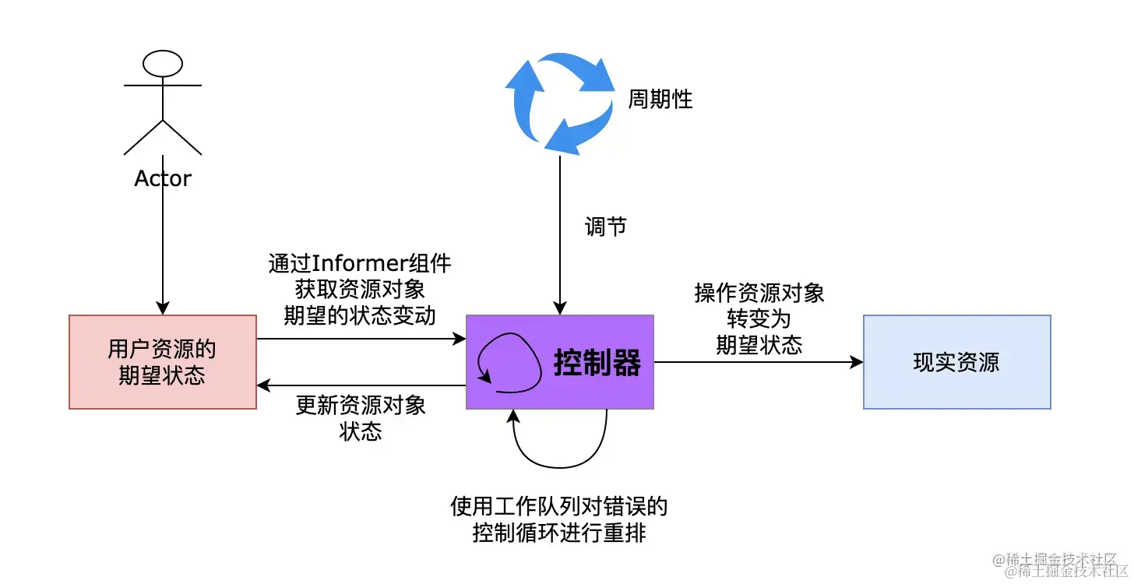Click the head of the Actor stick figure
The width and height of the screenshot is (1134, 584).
(x=163, y=63)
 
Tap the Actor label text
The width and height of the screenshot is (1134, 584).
(x=163, y=179)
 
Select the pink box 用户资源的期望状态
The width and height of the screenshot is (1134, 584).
(x=163, y=362)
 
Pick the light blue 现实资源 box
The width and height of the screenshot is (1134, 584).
(x=956, y=362)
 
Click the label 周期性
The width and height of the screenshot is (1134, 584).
(x=660, y=100)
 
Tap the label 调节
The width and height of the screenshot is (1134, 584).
(x=605, y=227)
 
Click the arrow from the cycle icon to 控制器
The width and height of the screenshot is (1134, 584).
(x=559, y=234)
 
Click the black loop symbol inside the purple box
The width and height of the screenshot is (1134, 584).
(x=509, y=359)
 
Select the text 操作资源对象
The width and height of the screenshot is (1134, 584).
(x=759, y=294)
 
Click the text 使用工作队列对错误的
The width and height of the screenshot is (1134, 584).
(x=559, y=508)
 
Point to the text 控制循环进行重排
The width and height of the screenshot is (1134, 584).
(x=559, y=534)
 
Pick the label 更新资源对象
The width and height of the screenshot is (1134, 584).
(x=361, y=406)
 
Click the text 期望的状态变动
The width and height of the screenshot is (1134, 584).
(x=361, y=316)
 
